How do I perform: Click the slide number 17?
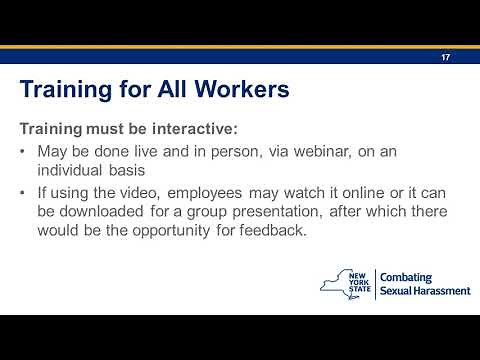pyautogui.click(x=444, y=58)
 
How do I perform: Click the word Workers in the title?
pyautogui.click(x=237, y=89)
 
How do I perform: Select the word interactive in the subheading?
pyautogui.click(x=198, y=129)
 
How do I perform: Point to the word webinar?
pyautogui.click(x=340, y=151)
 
